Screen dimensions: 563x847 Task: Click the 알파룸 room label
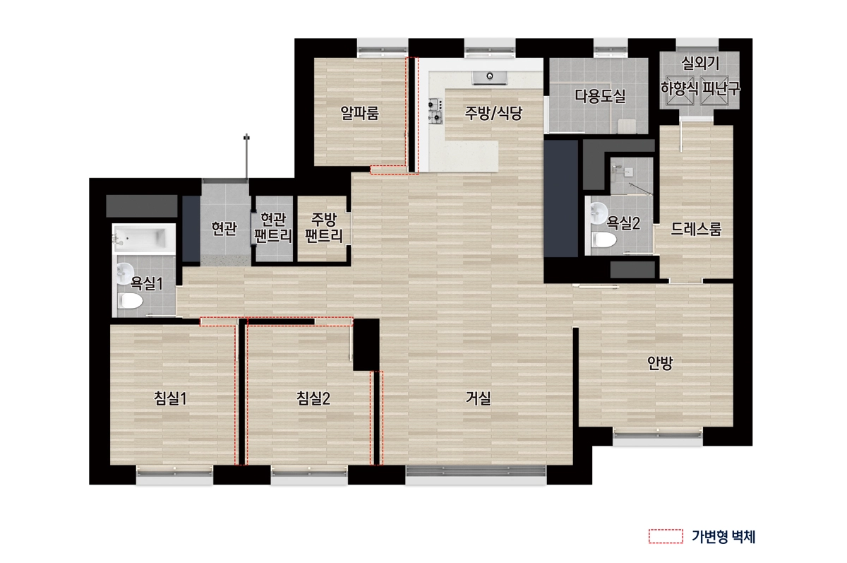pos(360,113)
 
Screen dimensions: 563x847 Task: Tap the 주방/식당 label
pos(493,113)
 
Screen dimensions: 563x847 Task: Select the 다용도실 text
pos(600,96)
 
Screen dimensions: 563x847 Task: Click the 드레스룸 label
pos(696,229)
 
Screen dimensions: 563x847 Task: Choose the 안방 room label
pos(661,363)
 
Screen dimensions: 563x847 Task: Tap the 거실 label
pos(478,398)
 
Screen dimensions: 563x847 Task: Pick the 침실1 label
pos(171,398)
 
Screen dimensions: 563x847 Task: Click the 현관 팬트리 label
pos(274,227)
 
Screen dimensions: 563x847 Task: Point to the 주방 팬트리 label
pos(324,227)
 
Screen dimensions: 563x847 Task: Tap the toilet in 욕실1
pos(130,302)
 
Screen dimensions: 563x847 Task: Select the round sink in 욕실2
pos(599,213)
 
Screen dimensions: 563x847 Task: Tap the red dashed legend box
pos(666,536)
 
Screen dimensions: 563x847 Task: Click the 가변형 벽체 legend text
pos(723,537)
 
